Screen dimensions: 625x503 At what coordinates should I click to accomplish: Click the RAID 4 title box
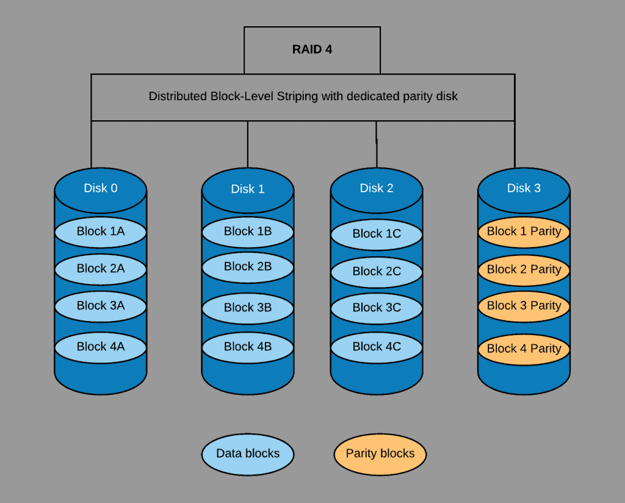click(312, 50)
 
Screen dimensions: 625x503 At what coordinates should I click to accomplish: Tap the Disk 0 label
click(101, 188)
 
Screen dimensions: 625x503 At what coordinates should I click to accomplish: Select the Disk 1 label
click(248, 189)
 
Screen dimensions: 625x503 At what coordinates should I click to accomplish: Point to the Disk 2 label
click(376, 188)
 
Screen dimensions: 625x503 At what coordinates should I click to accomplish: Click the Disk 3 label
click(524, 188)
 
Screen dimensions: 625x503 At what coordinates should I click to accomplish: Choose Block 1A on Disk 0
click(101, 232)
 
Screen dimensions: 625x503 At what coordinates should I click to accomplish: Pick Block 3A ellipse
click(101, 306)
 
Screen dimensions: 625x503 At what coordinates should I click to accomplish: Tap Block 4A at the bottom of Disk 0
click(101, 347)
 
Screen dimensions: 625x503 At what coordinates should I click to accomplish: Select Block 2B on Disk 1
click(248, 267)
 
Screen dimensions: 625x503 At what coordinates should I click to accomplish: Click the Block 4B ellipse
click(248, 347)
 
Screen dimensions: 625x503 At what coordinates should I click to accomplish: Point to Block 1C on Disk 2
click(376, 234)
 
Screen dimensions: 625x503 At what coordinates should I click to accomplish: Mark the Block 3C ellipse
click(376, 308)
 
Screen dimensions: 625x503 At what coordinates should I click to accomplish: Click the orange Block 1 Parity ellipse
click(524, 232)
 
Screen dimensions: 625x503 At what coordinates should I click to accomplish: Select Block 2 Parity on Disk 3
click(524, 270)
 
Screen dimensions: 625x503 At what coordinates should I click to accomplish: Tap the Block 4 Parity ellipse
click(524, 349)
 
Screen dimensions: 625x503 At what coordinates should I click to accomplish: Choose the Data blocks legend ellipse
click(248, 454)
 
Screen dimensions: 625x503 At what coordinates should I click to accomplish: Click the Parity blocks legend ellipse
click(380, 454)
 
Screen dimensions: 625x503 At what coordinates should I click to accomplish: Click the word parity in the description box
click(416, 97)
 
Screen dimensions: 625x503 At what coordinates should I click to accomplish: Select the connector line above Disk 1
click(248, 144)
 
